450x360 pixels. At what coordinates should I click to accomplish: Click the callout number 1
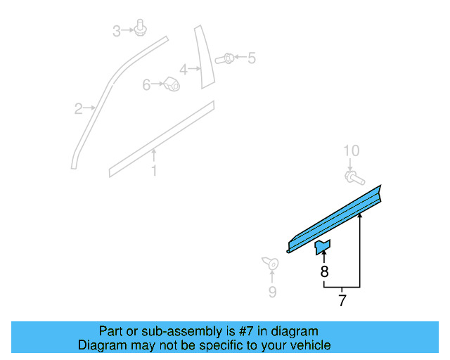[x=154, y=171]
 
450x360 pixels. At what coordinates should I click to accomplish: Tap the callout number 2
[x=78, y=108]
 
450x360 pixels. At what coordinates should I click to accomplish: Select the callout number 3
[x=117, y=30]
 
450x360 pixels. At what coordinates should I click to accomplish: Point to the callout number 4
[x=183, y=70]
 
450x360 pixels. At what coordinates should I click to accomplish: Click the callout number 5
[x=251, y=58]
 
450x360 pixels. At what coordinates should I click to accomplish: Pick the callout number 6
[x=146, y=85]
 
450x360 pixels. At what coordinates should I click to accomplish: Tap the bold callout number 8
[x=323, y=271]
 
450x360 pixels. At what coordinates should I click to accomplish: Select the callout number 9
[x=271, y=292]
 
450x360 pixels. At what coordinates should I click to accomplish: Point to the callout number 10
[x=351, y=150]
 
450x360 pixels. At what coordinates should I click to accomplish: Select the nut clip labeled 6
[x=170, y=84]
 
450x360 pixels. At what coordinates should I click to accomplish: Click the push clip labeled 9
[x=271, y=264]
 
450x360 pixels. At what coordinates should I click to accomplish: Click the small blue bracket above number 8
[x=323, y=245]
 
